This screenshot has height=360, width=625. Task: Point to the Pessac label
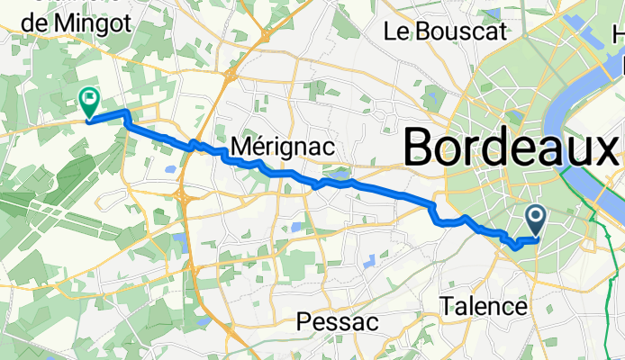(x=332, y=321)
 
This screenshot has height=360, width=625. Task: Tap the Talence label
(x=484, y=307)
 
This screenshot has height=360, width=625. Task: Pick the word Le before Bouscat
(x=397, y=32)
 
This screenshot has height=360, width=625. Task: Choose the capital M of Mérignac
(x=241, y=146)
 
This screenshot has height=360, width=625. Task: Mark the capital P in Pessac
(x=304, y=321)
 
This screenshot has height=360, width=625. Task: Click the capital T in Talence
(x=447, y=307)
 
